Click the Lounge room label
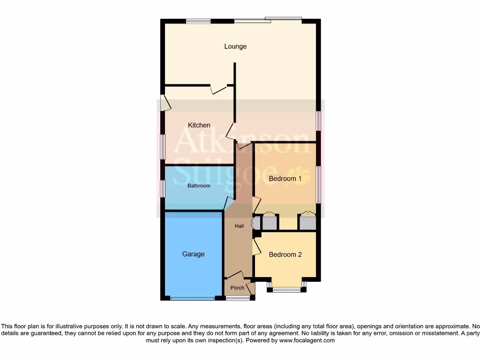[x=235, y=46]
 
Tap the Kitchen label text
[x=199, y=125]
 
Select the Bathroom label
[x=199, y=186]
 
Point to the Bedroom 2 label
[x=285, y=255]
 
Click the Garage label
[x=193, y=254]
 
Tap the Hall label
[x=240, y=226]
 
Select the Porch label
[x=237, y=288]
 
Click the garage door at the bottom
[x=193, y=298]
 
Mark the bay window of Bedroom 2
[x=286, y=290]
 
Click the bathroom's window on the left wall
[x=163, y=188]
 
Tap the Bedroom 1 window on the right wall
[x=318, y=185]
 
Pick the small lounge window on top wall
[x=198, y=21]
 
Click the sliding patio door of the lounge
[x=268, y=20]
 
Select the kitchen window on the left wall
[x=163, y=146]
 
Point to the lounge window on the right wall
[x=318, y=121]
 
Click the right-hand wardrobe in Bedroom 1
[x=307, y=223]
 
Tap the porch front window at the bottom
[x=238, y=298]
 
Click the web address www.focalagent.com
[x=307, y=341]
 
